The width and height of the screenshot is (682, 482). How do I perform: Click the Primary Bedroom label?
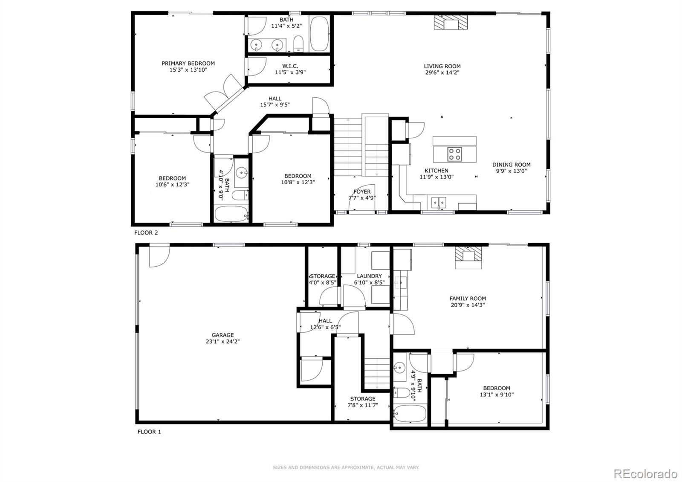tap(188, 64)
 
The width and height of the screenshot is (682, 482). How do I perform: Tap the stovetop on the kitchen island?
tap(454, 154)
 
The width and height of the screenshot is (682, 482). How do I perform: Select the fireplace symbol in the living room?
tap(451, 22)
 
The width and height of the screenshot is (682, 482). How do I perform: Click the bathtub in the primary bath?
tap(319, 34)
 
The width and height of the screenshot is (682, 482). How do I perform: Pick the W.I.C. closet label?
tap(290, 66)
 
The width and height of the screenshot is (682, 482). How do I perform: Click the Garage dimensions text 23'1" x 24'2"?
tap(223, 342)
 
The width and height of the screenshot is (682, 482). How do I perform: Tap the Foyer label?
tap(361, 192)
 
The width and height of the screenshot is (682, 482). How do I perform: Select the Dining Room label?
tap(511, 165)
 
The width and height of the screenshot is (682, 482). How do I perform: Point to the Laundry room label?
tap(369, 276)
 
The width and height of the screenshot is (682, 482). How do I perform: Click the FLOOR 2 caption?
tap(146, 233)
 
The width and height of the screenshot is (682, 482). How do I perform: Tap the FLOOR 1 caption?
tap(149, 432)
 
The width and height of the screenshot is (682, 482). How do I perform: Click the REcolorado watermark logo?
tap(645, 473)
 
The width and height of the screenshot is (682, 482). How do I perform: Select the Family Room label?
tap(468, 299)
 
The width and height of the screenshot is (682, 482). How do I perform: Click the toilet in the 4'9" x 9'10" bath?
tap(401, 393)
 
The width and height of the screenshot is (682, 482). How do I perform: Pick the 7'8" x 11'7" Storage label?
tap(363, 399)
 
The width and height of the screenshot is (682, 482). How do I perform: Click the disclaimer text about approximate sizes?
tap(346, 467)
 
